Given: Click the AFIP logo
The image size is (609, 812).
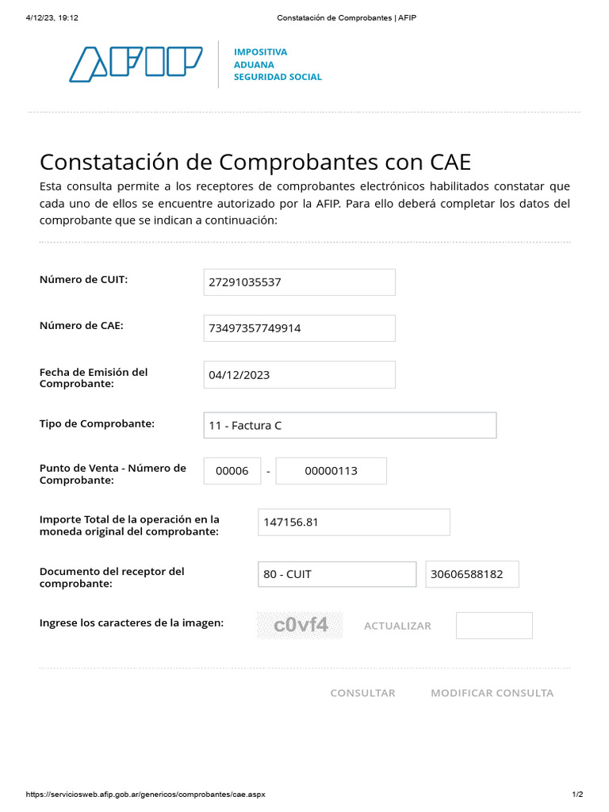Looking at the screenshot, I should (x=136, y=64).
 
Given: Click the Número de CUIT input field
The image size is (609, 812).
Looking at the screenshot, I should (x=299, y=282).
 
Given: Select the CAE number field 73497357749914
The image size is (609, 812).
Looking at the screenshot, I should (x=299, y=328).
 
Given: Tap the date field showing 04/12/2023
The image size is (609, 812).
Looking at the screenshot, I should (x=299, y=375).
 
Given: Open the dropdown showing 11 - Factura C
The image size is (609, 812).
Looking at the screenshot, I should (x=350, y=426).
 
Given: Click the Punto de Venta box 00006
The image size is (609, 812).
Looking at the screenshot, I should (x=232, y=471).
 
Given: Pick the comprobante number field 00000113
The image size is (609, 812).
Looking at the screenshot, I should (x=331, y=471).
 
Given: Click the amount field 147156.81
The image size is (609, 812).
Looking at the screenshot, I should (x=354, y=523).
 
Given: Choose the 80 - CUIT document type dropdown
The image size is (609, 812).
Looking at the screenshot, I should (x=336, y=574).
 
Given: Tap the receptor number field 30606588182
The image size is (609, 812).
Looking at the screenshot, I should (x=472, y=574).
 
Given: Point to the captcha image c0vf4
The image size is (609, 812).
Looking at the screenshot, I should (x=301, y=626).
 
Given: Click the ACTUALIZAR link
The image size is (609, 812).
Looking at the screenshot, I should (x=397, y=626).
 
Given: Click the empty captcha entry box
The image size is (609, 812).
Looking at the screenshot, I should (x=494, y=626).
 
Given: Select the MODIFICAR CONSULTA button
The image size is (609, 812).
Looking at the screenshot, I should (x=492, y=693).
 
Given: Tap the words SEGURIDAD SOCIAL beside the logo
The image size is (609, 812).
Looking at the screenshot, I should (x=278, y=77).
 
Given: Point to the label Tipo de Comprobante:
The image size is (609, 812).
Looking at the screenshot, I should (x=97, y=423).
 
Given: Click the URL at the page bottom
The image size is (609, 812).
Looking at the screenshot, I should (x=146, y=794).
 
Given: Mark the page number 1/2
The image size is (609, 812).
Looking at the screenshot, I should (x=577, y=794).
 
